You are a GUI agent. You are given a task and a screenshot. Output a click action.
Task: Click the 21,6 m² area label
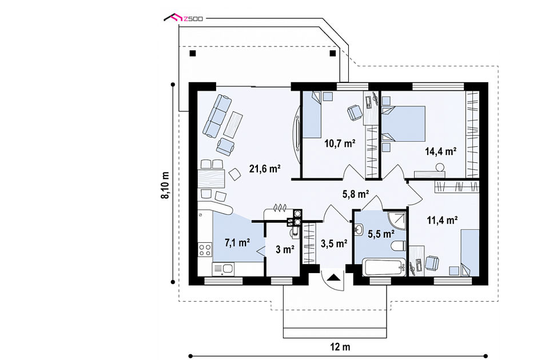[x=265, y=169]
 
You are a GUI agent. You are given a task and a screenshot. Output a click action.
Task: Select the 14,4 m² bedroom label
[x=440, y=151]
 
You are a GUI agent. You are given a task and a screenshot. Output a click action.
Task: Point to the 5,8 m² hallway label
[x=355, y=194]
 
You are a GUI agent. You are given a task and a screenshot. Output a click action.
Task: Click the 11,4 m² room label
[x=442, y=220]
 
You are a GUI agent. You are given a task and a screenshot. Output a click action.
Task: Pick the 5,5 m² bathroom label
[x=381, y=234]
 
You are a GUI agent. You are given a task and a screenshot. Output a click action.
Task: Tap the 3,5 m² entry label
[x=333, y=243]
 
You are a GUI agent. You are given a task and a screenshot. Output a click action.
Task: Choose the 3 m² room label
[x=285, y=250]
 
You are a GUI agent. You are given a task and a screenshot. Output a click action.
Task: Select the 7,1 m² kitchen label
[x=237, y=242]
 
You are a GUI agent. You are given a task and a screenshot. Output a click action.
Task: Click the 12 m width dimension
[x=340, y=347]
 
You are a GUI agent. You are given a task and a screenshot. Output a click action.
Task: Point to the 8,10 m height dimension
[x=165, y=185]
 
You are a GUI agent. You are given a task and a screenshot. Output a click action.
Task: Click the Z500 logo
[x=184, y=18]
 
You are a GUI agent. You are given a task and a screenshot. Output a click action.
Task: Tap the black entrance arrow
[x=333, y=278]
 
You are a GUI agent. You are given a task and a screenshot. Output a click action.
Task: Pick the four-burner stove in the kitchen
[x=205, y=250]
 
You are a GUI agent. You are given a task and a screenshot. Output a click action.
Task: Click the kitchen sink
[x=224, y=269]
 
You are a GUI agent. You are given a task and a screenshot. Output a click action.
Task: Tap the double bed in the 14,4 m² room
[x=404, y=124]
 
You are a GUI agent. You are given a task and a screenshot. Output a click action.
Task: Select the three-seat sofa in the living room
[x=217, y=115]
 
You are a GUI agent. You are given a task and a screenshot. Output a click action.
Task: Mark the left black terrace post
[x=192, y=54]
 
